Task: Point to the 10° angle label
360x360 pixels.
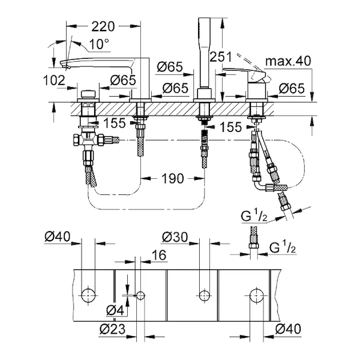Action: click(x=99, y=44)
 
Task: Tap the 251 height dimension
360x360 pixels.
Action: click(x=220, y=56)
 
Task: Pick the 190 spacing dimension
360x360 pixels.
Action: click(x=172, y=178)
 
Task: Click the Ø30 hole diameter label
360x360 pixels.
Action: click(x=175, y=236)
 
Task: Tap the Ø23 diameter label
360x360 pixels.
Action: click(x=113, y=328)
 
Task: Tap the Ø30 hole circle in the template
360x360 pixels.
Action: click(x=204, y=295)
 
